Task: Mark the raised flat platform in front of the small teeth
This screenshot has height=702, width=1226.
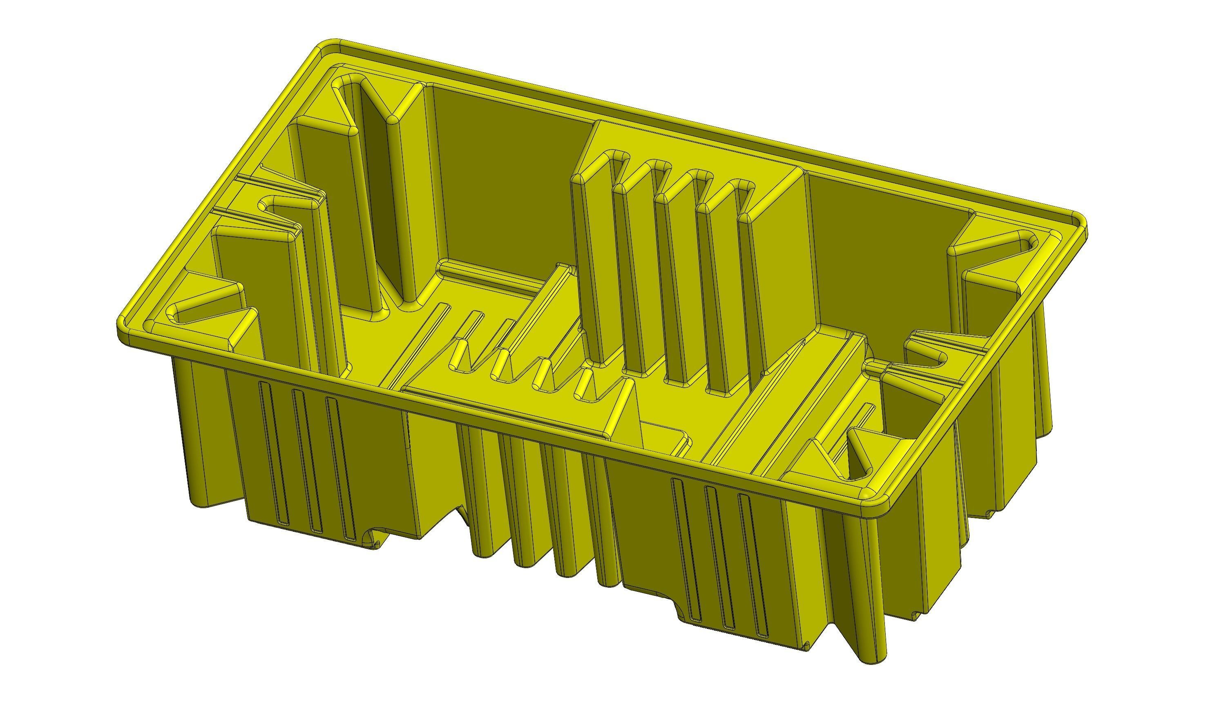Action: tap(507, 410)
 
